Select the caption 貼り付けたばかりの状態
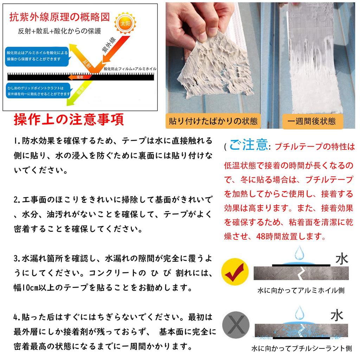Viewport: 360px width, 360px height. pos(213,121)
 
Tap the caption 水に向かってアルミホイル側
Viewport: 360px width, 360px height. pos(301,291)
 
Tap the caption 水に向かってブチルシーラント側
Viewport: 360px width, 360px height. pos(301,349)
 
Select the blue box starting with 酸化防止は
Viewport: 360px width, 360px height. pos(37,56)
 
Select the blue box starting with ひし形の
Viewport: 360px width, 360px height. pos(38,91)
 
